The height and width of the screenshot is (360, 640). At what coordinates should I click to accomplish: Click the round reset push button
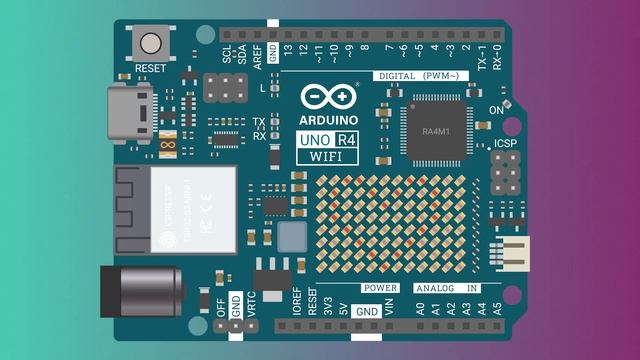[x=152, y=44]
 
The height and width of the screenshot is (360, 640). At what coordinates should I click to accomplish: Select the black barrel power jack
[x=140, y=290]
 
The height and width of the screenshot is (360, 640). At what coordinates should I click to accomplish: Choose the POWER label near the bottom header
[x=380, y=288]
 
